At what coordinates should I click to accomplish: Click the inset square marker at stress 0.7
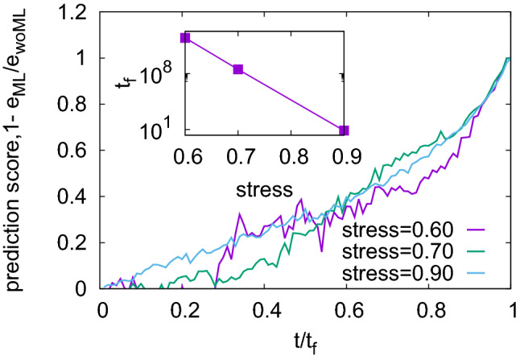pos(238,69)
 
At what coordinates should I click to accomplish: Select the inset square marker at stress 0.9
pos(344,130)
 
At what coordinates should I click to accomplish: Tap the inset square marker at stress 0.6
pos(185,38)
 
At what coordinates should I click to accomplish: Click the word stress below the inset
pos(263,192)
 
